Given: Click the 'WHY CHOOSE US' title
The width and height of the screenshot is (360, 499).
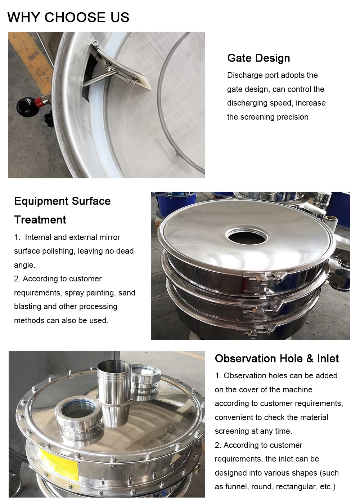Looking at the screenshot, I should pos(68,17).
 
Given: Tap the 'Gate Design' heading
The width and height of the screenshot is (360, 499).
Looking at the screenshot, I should pos(258,58).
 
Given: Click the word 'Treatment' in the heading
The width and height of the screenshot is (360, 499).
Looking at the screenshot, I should pos(40,220).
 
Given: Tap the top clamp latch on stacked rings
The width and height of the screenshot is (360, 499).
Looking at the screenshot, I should pos(263,279).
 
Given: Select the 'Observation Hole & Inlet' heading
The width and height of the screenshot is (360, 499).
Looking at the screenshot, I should pos(276,358).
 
